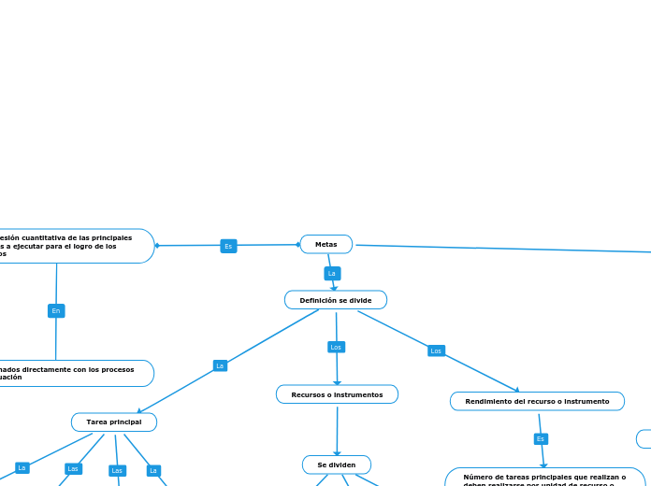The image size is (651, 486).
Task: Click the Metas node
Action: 325,244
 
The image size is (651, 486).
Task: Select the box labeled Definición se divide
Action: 335,300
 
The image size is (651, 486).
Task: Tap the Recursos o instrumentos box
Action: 337,394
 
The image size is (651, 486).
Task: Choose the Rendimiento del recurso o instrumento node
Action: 537,401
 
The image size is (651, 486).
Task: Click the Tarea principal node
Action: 113,422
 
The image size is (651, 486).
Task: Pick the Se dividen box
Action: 336,465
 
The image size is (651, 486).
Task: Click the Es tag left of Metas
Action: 228,246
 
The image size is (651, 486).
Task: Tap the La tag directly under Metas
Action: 331,274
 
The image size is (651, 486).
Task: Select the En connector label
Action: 56,310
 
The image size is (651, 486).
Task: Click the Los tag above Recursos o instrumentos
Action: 336,347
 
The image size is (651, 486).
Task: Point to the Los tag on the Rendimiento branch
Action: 436,350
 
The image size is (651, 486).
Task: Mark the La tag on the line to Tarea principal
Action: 220,365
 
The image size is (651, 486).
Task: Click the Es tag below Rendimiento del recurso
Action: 541,438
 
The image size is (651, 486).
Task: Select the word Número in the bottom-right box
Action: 478,477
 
